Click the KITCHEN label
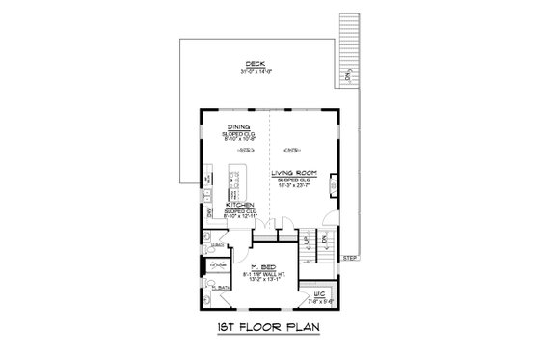click(x=239, y=205)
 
